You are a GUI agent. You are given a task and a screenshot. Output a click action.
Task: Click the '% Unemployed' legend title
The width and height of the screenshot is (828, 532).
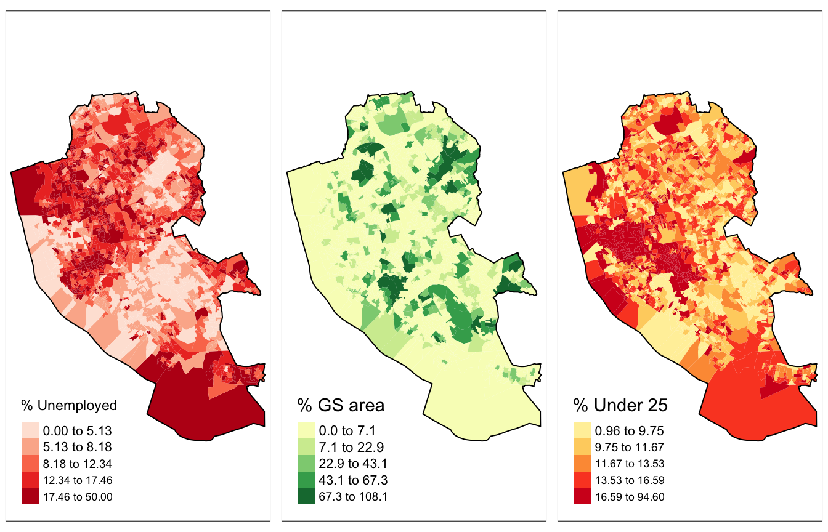[69, 405]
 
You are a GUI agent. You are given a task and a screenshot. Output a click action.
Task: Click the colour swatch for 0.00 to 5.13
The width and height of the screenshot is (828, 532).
[30, 430]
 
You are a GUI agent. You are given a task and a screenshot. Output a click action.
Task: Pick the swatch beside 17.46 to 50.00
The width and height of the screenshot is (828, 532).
[30, 496]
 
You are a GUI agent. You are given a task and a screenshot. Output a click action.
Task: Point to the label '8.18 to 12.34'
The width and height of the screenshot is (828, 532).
[77, 464]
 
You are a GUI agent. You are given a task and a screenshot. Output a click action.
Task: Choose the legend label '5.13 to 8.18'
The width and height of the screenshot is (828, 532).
[77, 447]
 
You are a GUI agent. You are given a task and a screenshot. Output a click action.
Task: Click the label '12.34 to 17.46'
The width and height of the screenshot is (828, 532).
[77, 480]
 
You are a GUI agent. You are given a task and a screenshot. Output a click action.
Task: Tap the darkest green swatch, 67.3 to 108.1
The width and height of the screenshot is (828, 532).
[306, 496]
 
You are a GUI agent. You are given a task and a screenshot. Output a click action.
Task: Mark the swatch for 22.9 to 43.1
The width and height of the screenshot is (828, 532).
[306, 464]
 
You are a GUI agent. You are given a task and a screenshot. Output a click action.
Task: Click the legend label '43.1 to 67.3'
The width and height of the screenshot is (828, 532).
[352, 480]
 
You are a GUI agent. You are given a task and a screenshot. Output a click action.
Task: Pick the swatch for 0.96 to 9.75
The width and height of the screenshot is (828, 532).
[582, 430]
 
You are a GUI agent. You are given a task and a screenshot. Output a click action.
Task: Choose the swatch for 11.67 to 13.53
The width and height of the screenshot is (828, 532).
[582, 464]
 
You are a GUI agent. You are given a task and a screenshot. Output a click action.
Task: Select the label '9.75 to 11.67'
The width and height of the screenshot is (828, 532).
[629, 447]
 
